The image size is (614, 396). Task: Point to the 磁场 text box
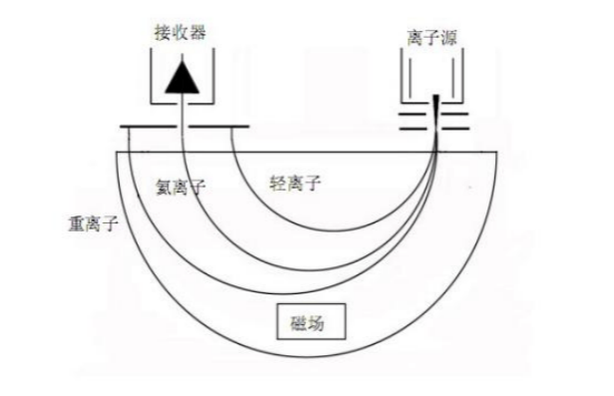pyautogui.click(x=311, y=323)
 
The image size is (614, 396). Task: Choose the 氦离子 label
pyautogui.click(x=179, y=186)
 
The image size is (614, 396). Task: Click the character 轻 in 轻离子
pyautogui.click(x=277, y=183)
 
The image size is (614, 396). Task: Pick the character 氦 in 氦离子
pyautogui.click(x=162, y=186)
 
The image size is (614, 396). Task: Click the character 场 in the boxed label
pyautogui.click(x=321, y=323)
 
